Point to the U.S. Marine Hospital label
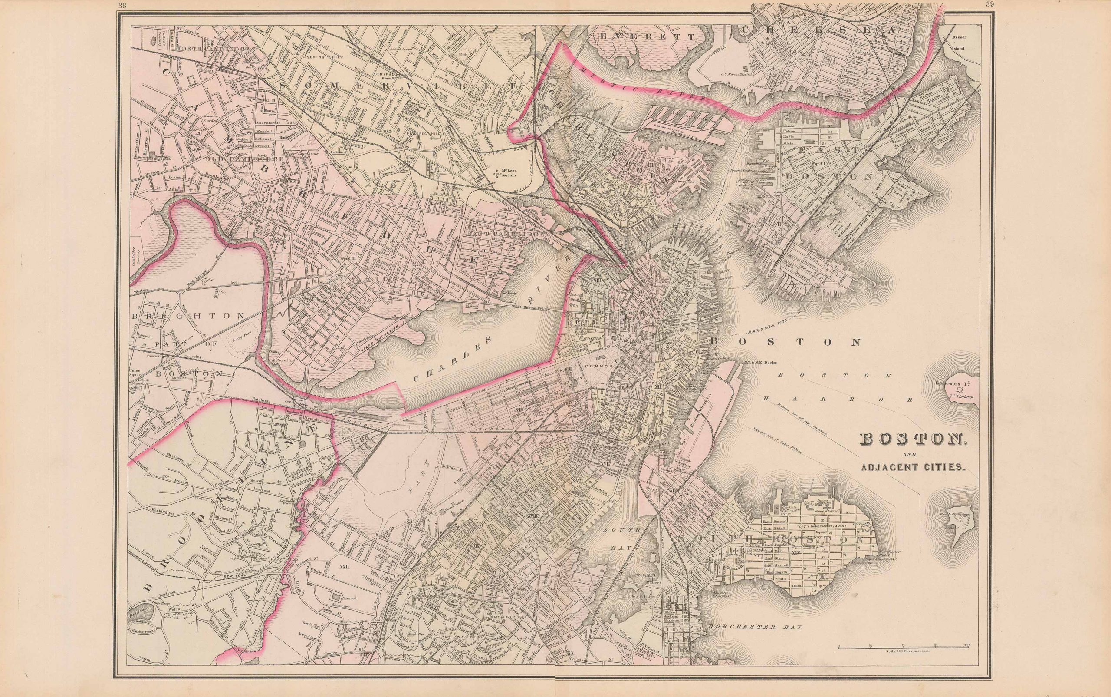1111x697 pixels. coord(733,74)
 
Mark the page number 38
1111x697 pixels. coord(122,5)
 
